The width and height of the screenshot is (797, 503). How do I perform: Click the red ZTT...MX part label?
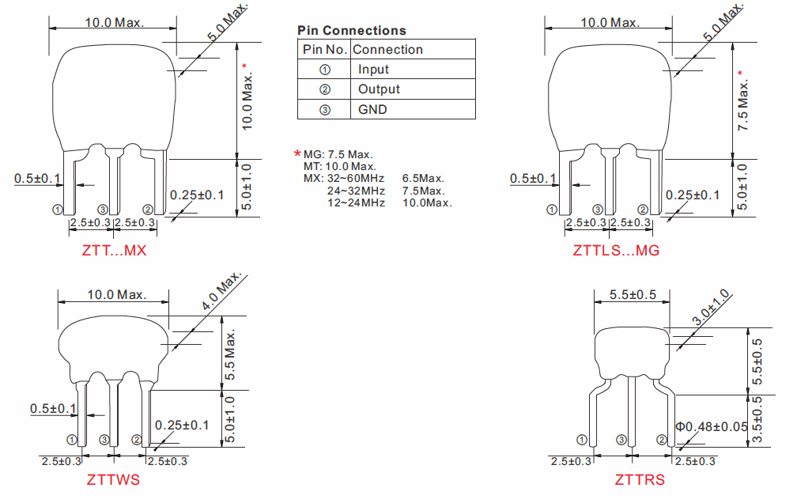(x=114, y=250)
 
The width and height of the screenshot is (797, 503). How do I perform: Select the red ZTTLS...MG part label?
(x=616, y=250)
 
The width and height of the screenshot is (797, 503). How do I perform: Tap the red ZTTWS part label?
(x=113, y=479)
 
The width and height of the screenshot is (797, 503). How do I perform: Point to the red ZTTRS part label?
(x=640, y=479)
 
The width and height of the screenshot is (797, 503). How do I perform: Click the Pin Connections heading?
(x=352, y=31)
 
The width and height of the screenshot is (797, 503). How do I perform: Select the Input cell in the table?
(x=373, y=69)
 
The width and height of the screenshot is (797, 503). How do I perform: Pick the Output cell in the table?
(x=379, y=89)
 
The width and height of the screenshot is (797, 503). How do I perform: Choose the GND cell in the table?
(x=372, y=109)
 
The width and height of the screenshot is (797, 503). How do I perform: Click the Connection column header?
(x=387, y=49)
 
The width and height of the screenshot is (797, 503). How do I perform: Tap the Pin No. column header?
(x=325, y=49)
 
